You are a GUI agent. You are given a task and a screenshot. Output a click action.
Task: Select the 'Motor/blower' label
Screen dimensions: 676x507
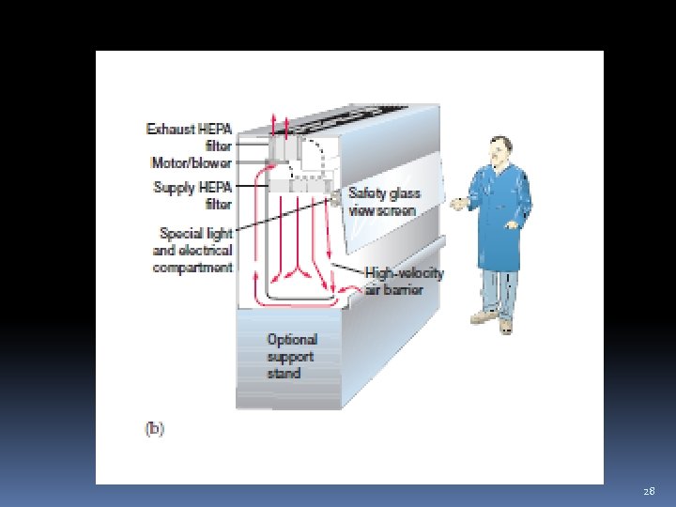[192, 162]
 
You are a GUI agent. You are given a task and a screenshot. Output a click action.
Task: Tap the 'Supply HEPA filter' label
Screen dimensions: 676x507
[192, 195]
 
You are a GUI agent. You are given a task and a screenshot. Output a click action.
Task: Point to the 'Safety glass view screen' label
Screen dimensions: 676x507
[384, 202]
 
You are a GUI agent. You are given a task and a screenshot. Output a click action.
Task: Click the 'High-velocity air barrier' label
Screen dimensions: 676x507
[404, 282]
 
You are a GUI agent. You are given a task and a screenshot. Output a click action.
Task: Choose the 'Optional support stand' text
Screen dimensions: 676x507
[291, 357]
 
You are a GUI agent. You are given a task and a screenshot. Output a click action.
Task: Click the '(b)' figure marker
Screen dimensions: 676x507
[154, 428]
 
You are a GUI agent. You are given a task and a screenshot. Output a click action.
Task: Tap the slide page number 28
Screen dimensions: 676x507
[649, 491]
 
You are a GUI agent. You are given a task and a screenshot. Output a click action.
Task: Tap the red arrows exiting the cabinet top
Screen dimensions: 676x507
[279, 124]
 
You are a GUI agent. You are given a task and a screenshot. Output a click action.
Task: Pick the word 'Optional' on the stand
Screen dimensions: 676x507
[291, 340]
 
